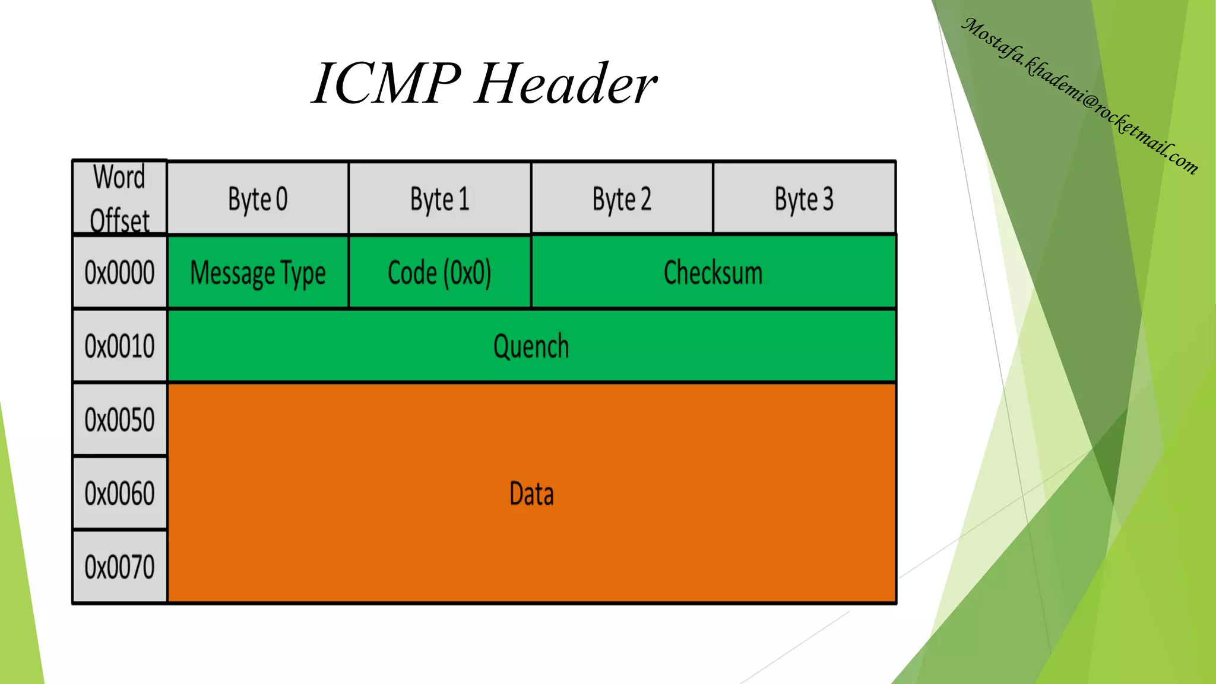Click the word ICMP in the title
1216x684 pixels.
pos(386,84)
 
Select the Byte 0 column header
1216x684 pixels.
pos(258,199)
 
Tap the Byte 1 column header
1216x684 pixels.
pos(439,199)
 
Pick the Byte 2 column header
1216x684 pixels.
pos(622,199)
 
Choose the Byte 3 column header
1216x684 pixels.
pos(804,199)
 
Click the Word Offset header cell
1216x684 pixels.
pos(119,198)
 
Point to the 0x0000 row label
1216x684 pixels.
pos(119,273)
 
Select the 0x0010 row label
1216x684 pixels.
pos(119,346)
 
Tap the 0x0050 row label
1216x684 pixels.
pos(119,420)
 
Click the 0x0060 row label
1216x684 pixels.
pos(119,493)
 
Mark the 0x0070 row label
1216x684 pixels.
pos(119,567)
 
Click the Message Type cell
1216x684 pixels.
pos(258,273)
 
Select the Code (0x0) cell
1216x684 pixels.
pos(439,273)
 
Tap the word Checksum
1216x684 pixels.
pos(712,273)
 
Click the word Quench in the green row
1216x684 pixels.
pos(531,346)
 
